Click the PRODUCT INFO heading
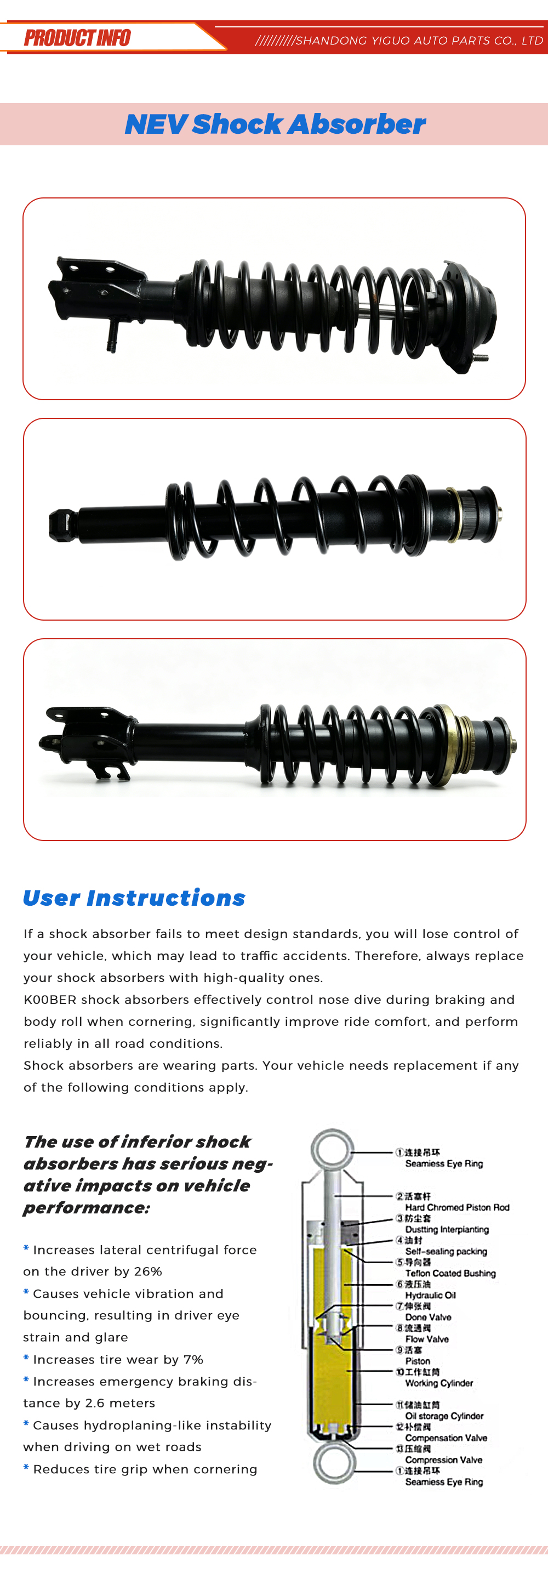77,38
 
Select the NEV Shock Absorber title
275,124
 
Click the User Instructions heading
134,898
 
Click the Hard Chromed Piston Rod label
457,1207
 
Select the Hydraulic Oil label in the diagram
431,1295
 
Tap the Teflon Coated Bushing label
450,1273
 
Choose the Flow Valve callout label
427,1339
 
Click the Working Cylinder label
439,1383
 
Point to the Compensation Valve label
446,1438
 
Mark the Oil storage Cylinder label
444,1416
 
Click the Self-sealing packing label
446,1251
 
